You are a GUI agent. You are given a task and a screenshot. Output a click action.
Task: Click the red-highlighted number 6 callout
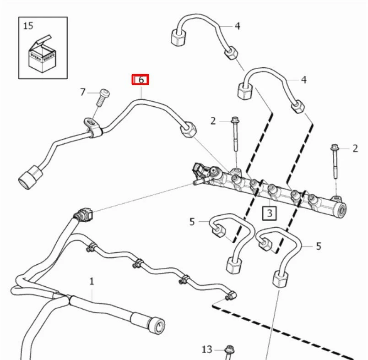click(x=141, y=80)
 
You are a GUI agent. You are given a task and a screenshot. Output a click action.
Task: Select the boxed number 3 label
click(x=270, y=213)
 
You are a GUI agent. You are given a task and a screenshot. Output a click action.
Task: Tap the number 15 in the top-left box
click(x=28, y=26)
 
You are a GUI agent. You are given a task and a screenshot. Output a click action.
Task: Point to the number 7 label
click(x=83, y=92)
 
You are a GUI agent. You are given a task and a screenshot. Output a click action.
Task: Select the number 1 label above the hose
click(x=92, y=281)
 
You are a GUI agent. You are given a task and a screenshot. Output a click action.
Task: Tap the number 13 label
click(x=207, y=349)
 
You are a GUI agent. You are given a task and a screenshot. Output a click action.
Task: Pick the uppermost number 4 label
click(x=237, y=26)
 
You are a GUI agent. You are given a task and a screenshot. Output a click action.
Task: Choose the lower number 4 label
click(x=303, y=80)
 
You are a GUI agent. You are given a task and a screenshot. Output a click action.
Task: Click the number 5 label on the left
click(x=192, y=222)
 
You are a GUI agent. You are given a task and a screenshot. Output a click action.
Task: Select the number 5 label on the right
click(x=318, y=246)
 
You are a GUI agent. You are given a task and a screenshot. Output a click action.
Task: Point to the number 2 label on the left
click(x=213, y=121)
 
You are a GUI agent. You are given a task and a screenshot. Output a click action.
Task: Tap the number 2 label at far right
click(x=355, y=148)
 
